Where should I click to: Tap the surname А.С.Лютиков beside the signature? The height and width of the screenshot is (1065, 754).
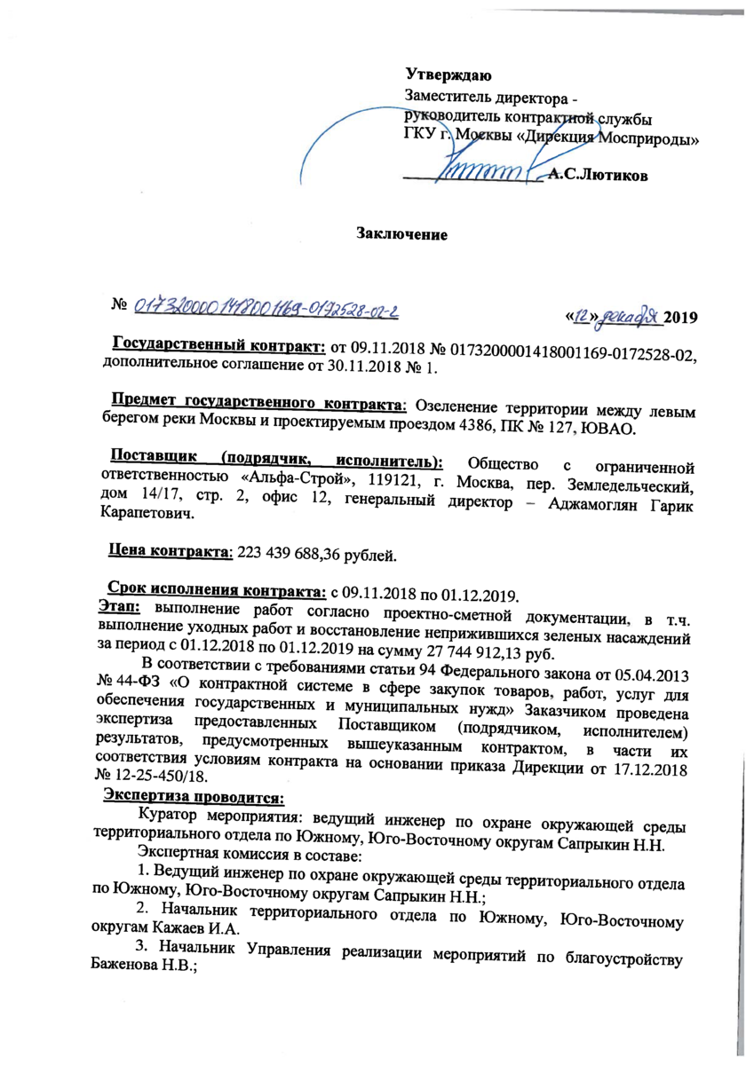tap(598, 176)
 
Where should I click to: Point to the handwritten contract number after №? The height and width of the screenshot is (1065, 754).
tap(266, 308)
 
